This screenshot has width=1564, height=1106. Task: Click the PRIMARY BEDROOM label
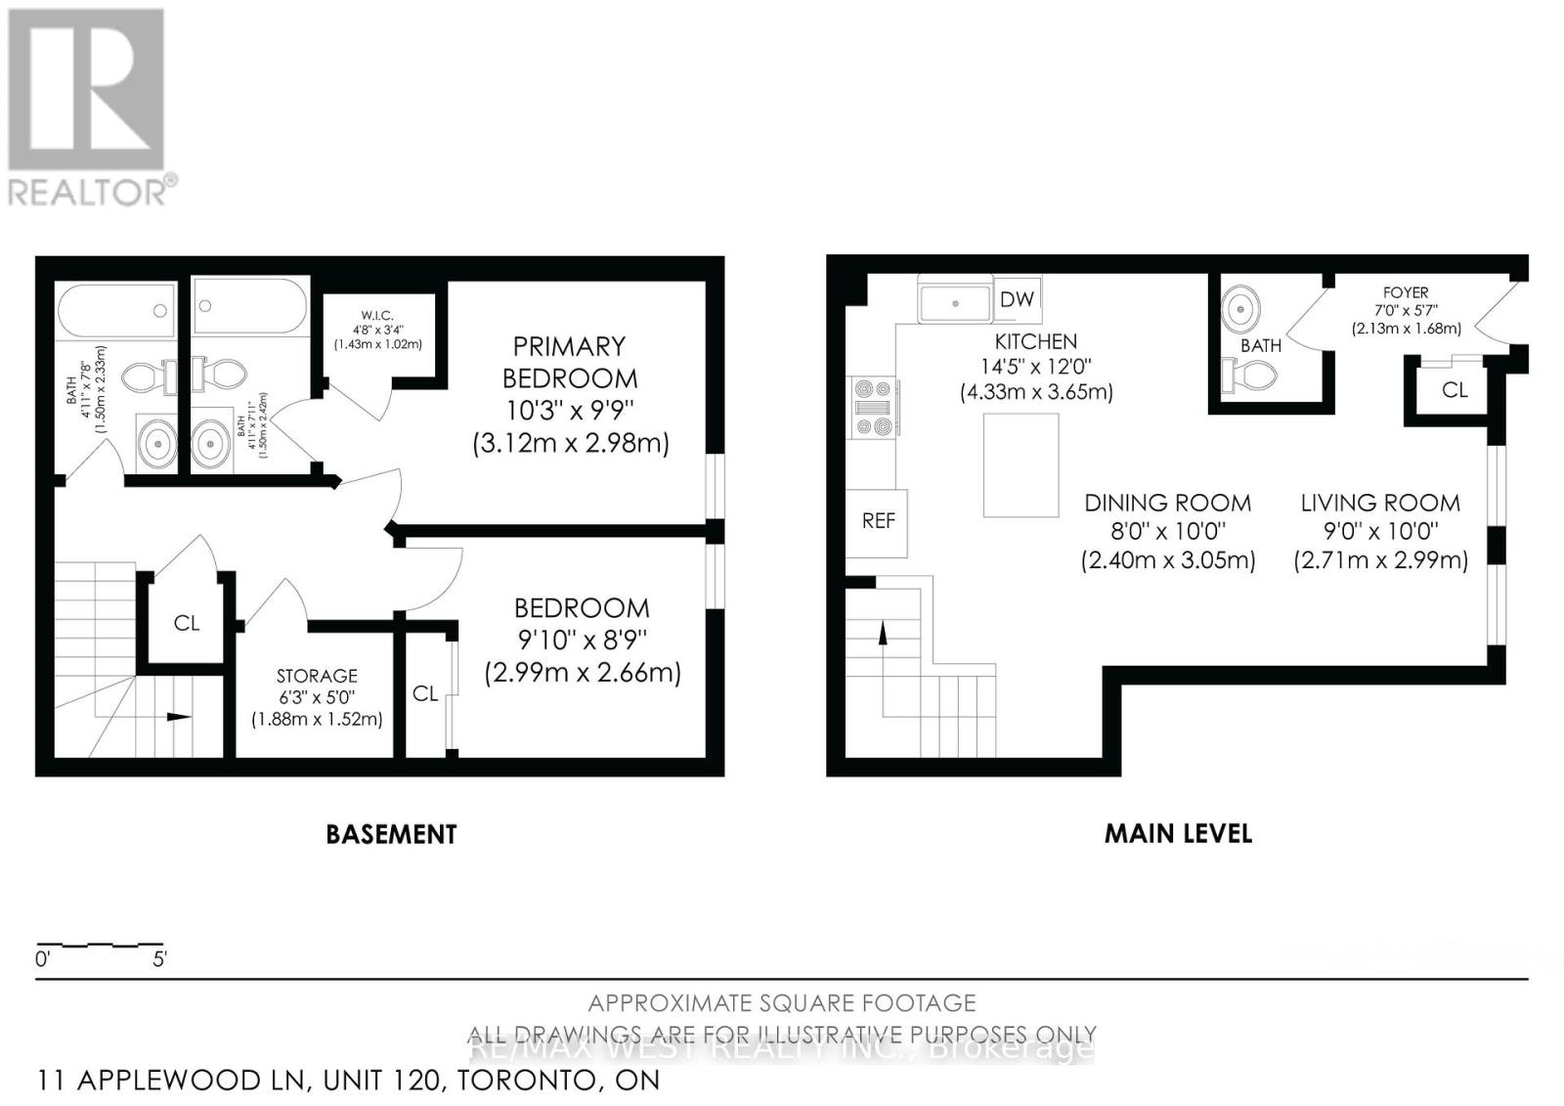569,363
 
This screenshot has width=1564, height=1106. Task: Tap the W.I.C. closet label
376,315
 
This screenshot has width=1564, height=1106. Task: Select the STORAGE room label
317,676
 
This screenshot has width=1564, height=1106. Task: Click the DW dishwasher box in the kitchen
1017,299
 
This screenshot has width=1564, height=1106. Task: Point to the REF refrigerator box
878,521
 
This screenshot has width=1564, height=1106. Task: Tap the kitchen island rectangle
1021,465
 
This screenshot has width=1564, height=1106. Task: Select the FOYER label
1406,292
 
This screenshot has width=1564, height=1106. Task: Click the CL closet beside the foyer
1454,390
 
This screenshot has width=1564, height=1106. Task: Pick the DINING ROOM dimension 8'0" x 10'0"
1167,532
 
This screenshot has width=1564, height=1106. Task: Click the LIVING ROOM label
1379,504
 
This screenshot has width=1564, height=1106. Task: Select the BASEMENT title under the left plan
391,834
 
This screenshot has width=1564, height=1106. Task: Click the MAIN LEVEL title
1178,833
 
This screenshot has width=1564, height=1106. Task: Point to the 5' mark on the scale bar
159,959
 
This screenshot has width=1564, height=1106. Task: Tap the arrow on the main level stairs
883,635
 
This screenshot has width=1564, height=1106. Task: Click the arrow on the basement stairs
178,717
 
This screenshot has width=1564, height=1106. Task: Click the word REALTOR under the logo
88,191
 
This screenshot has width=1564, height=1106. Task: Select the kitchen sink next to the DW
954,301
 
